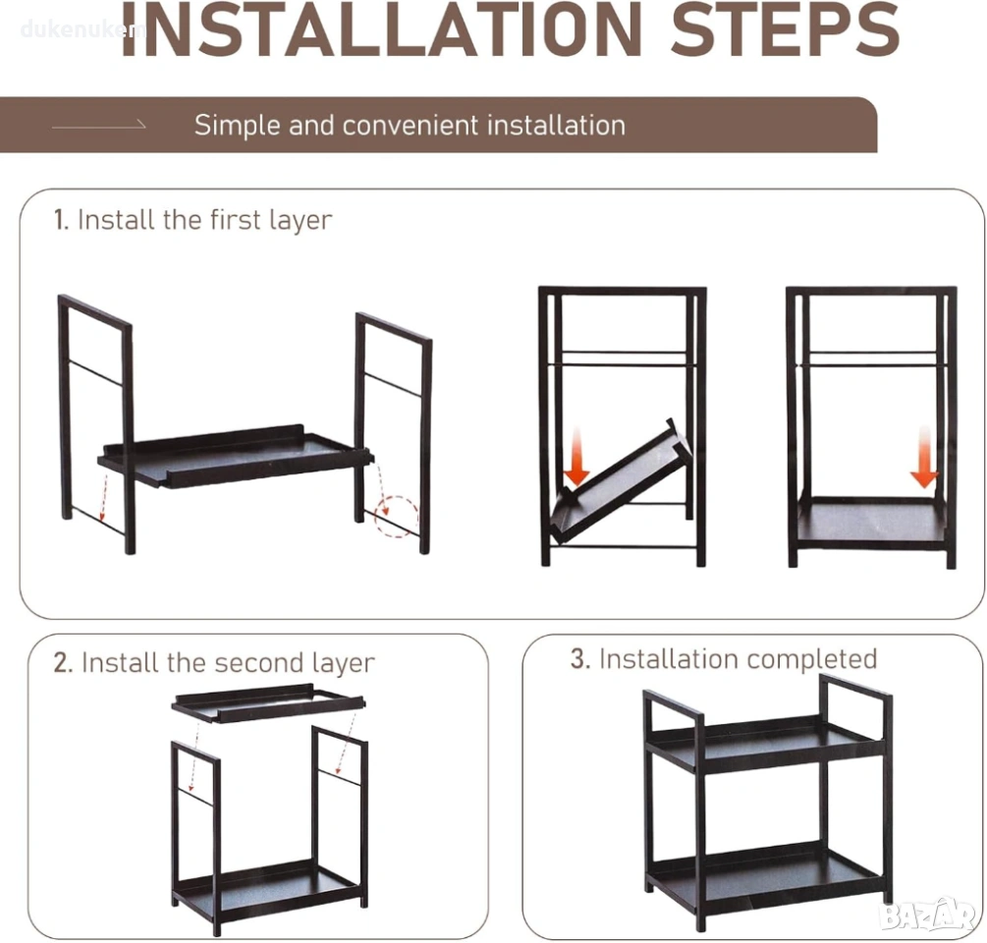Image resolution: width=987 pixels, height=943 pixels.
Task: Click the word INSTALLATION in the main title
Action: (x=381, y=28)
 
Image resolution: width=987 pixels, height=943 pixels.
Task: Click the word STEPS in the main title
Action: (x=785, y=28)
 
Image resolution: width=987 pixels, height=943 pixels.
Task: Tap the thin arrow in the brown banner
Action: (x=99, y=126)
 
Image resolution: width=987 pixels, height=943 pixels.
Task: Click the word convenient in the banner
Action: (x=411, y=126)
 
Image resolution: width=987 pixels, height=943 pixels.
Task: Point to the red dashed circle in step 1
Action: (x=397, y=517)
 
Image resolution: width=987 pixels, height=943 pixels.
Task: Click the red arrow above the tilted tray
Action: (x=576, y=456)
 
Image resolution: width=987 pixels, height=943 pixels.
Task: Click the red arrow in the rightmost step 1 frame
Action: (x=924, y=456)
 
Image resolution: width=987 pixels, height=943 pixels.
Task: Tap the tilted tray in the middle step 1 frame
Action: (x=620, y=481)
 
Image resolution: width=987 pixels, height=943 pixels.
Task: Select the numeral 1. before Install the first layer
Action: (x=61, y=220)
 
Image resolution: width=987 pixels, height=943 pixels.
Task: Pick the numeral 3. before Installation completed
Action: (x=580, y=659)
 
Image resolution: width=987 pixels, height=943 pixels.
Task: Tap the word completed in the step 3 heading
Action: (x=812, y=660)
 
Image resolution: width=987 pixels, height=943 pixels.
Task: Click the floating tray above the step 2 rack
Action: (x=269, y=703)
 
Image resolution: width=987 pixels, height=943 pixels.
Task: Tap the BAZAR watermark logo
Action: (x=929, y=915)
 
